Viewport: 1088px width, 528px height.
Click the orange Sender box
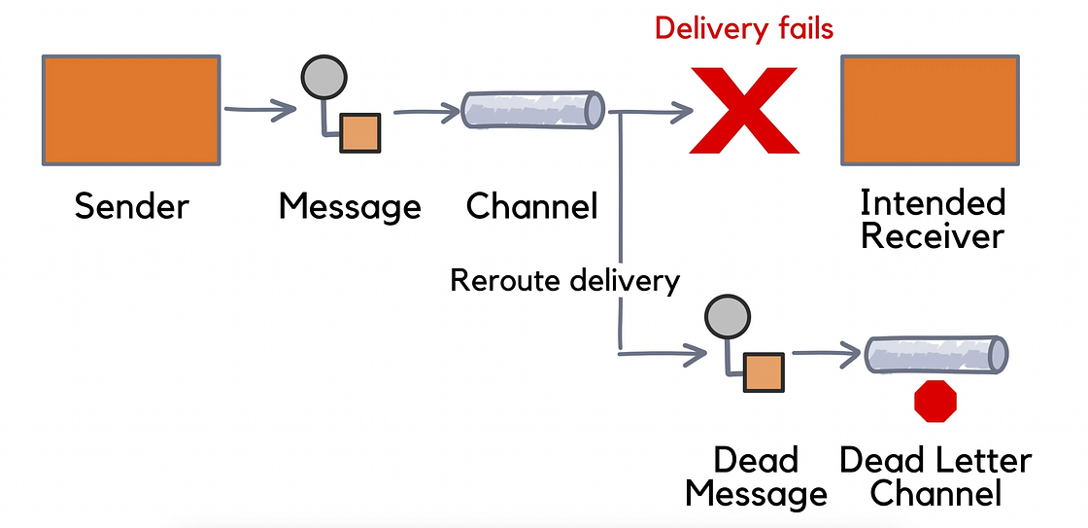[x=131, y=109]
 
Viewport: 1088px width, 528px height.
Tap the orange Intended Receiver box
[x=930, y=109]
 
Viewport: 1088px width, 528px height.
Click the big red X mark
[x=743, y=110]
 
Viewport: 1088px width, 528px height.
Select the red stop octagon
[x=936, y=402]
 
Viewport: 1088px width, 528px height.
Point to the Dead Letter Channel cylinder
[x=936, y=354]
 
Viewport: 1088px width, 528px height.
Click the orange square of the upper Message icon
[x=359, y=133]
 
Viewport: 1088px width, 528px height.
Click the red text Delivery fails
[x=743, y=28]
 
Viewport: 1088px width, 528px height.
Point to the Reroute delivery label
[x=564, y=281]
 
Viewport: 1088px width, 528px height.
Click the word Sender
[x=132, y=206]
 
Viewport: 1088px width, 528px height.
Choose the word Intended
[x=933, y=203]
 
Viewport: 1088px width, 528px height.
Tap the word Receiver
[x=933, y=235]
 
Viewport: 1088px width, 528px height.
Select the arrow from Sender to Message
[x=258, y=109]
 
